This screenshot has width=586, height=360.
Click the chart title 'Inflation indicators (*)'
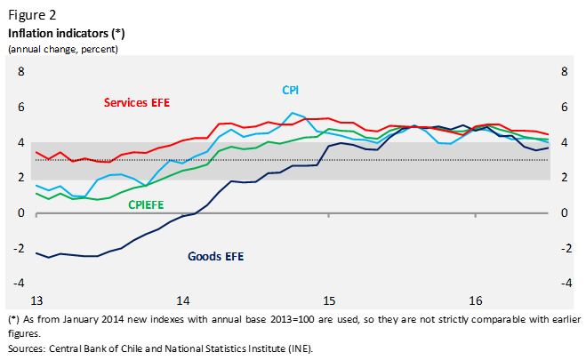coord(67,33)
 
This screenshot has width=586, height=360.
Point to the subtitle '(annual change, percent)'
coord(63,48)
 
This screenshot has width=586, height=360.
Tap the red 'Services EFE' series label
coord(136,102)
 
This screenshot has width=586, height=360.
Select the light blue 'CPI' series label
coord(291,91)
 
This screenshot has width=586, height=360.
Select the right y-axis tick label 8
coord(565,72)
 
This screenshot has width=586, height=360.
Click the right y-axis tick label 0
coord(565,213)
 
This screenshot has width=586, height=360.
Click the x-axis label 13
coord(36,301)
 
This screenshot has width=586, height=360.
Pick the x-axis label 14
coord(182,301)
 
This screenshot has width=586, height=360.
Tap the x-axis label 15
coord(329,301)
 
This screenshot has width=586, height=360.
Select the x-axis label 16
coord(476,301)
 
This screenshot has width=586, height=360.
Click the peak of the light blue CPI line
coord(293,113)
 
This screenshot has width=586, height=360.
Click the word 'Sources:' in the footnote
coord(28,348)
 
